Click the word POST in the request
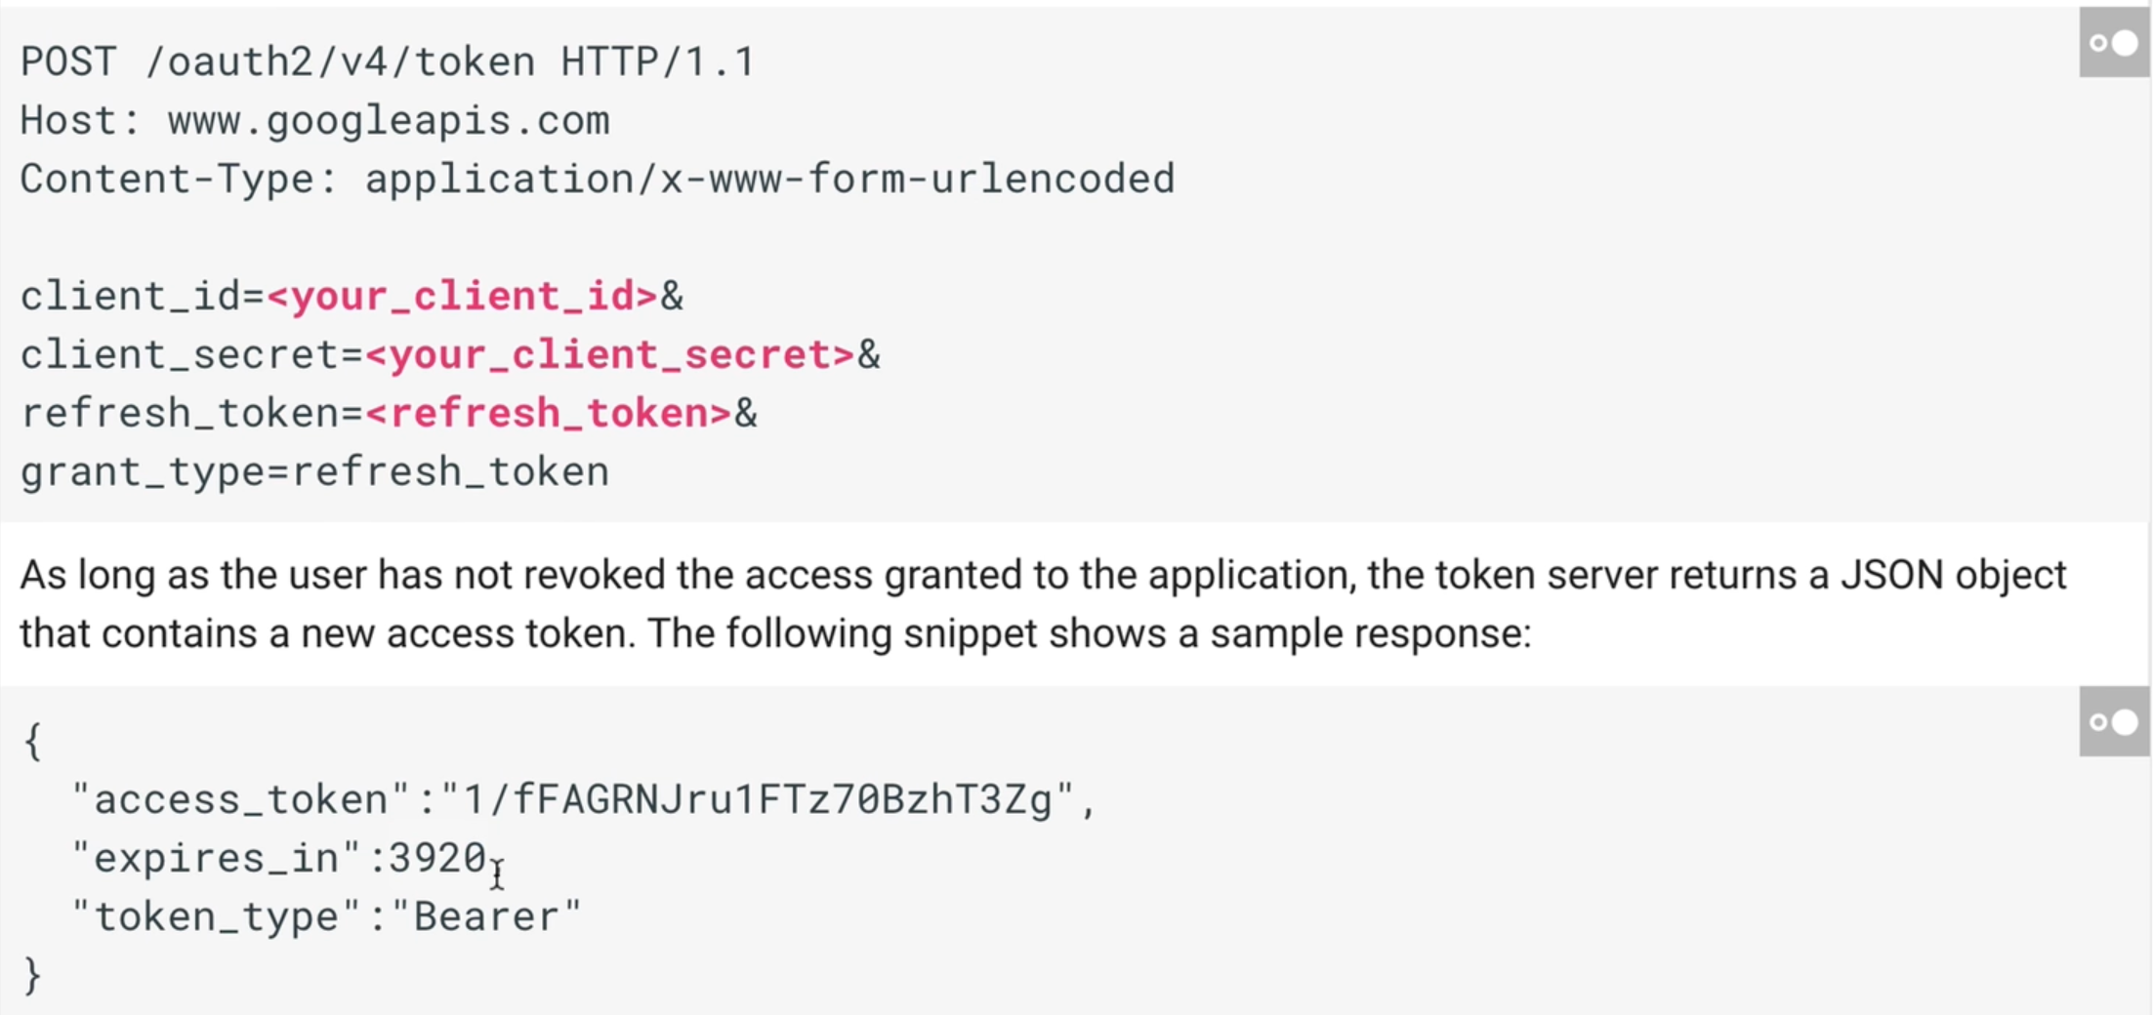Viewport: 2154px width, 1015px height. (67, 62)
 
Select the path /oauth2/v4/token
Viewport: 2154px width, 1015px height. (339, 62)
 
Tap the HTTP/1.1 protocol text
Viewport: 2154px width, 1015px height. (657, 62)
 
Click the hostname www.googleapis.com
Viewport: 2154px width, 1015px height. (389, 121)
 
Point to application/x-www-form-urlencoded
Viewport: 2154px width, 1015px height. (769, 180)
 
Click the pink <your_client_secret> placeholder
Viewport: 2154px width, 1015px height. (610, 355)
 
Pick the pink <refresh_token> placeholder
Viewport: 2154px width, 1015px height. (549, 414)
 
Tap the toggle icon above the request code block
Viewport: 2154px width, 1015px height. (2114, 43)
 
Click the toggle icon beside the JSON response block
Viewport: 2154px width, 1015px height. (2114, 722)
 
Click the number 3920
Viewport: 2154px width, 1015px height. (437, 859)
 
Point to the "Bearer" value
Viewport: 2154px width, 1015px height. (486, 917)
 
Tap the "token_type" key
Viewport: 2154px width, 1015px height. (217, 917)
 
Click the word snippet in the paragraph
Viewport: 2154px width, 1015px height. (970, 633)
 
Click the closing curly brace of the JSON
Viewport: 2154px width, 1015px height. (32, 975)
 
